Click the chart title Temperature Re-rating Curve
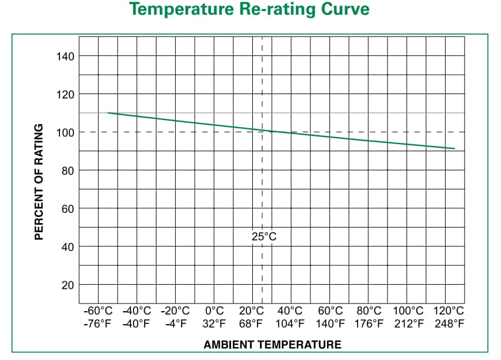[249, 10]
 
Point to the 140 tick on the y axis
[65, 56]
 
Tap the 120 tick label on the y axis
[65, 94]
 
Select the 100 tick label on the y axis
[65, 132]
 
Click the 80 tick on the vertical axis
[68, 171]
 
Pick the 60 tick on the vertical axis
[68, 209]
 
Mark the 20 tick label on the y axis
[68, 285]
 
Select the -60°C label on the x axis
[98, 311]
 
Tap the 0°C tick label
[214, 311]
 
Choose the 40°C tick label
[290, 311]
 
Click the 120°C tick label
[449, 311]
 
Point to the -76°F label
[98, 323]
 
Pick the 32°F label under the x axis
[214, 323]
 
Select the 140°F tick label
[330, 323]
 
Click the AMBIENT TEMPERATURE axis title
[272, 345]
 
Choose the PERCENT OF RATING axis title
[39, 182]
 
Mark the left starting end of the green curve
[108, 113]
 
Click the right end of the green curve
[455, 148]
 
